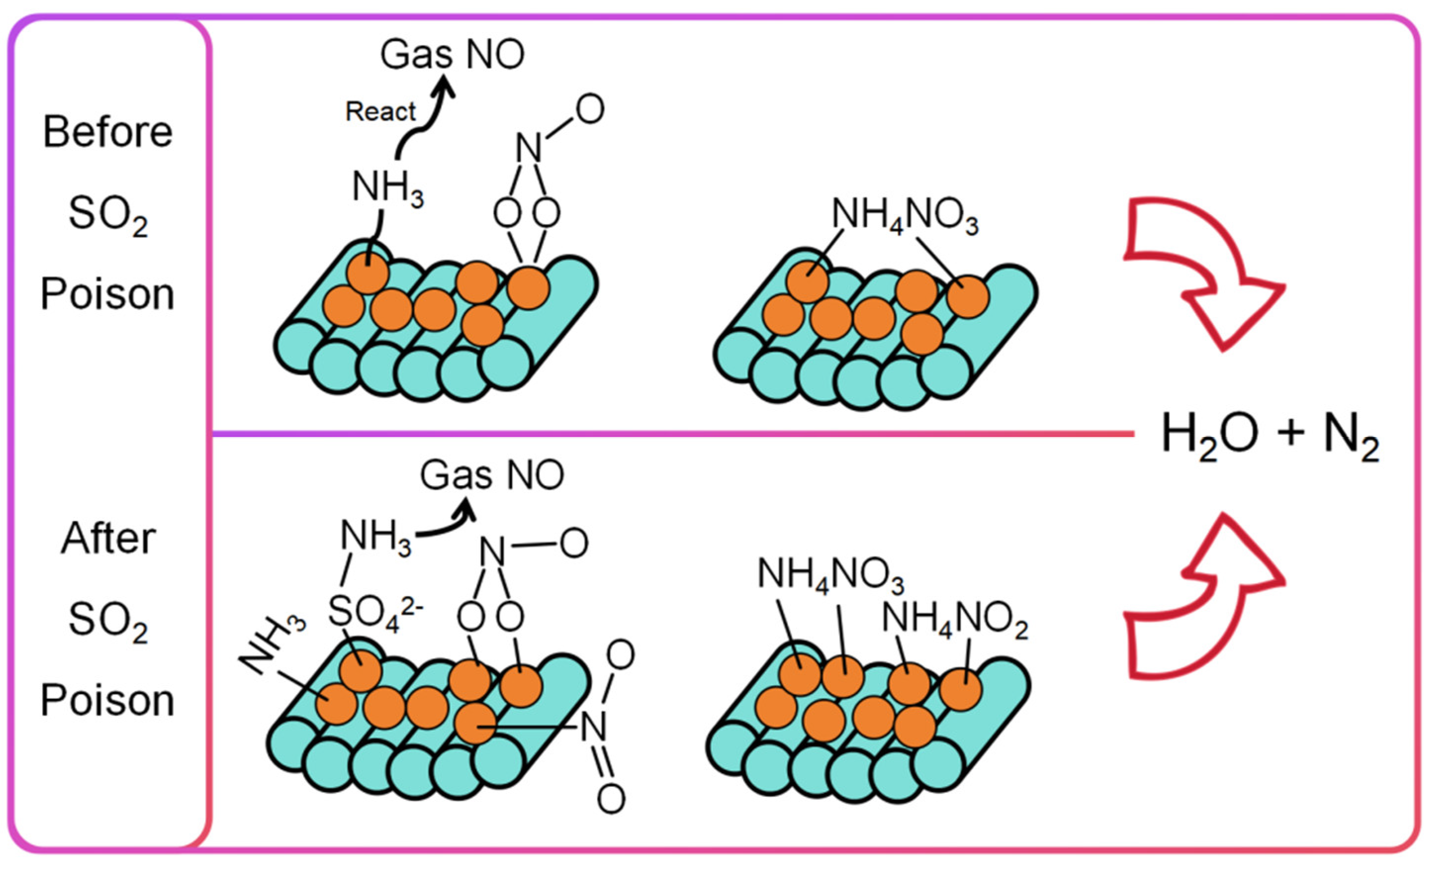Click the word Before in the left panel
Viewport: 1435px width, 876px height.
pos(108,132)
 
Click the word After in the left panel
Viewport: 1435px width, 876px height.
pos(108,538)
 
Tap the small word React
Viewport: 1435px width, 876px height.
pos(380,111)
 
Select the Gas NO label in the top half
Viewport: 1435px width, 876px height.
pos(452,55)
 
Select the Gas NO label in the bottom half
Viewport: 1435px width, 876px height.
pos(492,475)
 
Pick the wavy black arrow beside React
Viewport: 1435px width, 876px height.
pos(425,119)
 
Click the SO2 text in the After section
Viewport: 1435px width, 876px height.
pos(108,621)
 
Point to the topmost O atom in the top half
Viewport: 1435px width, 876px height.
pos(590,109)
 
